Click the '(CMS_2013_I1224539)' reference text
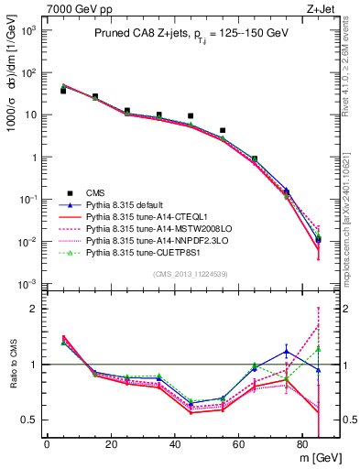click(x=191, y=273)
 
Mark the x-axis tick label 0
click(x=47, y=443)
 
